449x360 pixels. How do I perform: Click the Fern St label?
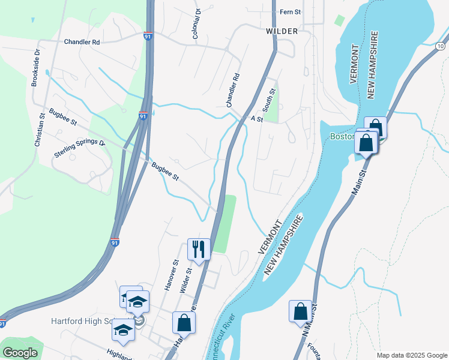tap(290, 12)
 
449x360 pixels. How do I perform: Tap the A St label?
tap(257, 119)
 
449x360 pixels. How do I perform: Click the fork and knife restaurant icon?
tap(199, 248)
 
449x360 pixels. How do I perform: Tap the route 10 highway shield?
tap(441, 46)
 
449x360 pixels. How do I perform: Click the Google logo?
tap(20, 353)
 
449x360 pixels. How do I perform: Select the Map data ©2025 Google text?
tap(411, 355)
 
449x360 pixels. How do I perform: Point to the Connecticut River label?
tap(218, 340)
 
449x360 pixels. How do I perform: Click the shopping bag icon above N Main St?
tap(300, 311)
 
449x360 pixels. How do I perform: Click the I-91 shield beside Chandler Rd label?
tap(148, 37)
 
